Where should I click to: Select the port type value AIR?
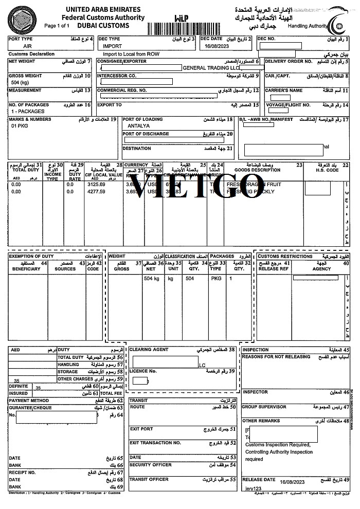tap(28, 46)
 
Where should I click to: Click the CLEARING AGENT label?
tap(149, 350)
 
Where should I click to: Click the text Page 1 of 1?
tap(59, 25)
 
